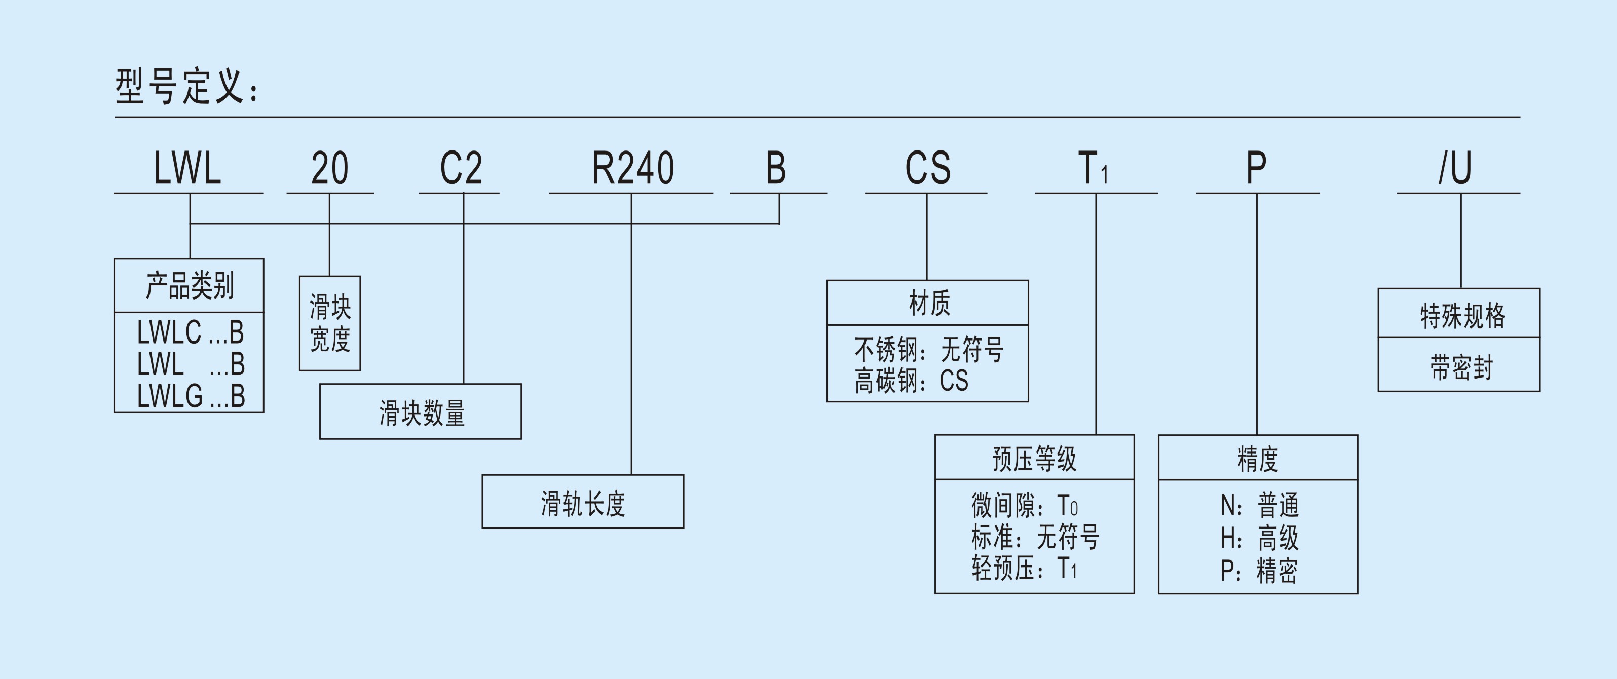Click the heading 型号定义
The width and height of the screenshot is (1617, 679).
coord(186,86)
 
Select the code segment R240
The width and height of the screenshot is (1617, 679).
coord(633,168)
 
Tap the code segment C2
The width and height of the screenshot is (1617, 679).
coord(461,168)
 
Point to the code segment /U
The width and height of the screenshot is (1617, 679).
coord(1455,168)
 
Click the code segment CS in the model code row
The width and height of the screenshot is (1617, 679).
coord(927,168)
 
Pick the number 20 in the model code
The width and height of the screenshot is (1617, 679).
coord(329,168)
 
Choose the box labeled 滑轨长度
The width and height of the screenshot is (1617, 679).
coord(583,503)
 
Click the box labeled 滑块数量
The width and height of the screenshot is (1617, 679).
coord(421,412)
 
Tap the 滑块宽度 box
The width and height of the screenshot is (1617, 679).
coord(329,323)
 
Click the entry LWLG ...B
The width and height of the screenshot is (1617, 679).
coord(191,396)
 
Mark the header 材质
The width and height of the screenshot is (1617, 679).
coord(928,303)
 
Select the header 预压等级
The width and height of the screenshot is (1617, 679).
coord(1034,459)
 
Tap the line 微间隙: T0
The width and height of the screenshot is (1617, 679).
coord(1025,505)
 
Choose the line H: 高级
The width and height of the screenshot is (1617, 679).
coord(1259,538)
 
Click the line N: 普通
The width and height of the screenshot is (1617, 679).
coord(1259,505)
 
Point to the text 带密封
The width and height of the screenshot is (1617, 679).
coord(1460,367)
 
